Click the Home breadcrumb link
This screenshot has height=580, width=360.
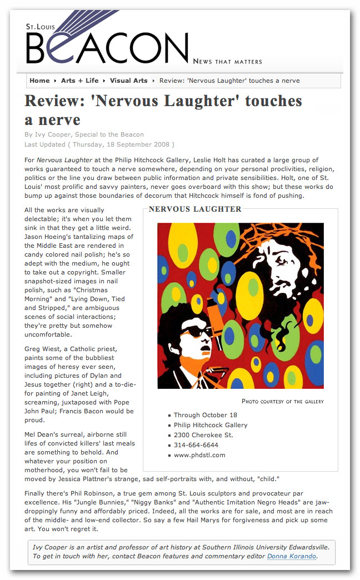click(x=39, y=81)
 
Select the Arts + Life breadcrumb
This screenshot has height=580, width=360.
click(x=79, y=81)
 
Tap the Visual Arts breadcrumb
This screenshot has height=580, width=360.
click(x=129, y=81)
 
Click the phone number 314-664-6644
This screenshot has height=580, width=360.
click(x=196, y=445)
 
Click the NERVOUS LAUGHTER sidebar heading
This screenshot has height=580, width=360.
click(x=195, y=209)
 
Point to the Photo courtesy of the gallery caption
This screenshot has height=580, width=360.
click(x=282, y=401)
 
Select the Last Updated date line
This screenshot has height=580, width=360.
click(x=99, y=144)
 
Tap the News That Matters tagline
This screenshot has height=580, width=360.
click(x=227, y=61)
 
